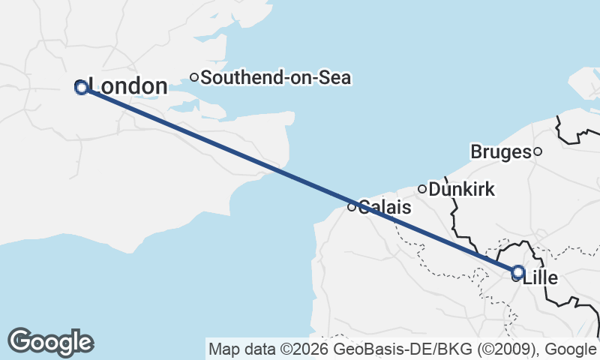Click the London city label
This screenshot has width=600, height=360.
point(127,87)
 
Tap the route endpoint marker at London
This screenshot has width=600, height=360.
point(82,88)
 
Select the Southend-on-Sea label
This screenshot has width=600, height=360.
point(276,77)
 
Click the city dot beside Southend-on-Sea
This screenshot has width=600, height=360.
point(193,76)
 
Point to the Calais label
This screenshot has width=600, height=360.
point(385,207)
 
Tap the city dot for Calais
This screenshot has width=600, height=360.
point(352,207)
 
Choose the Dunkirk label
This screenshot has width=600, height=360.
point(461,190)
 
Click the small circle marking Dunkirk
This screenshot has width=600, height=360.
point(422,189)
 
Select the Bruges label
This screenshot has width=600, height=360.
point(500,152)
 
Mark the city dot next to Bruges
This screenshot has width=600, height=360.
point(538,151)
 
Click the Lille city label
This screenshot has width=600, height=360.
point(540,278)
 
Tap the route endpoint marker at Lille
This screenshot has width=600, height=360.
point(517,271)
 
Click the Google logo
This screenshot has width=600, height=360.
point(51,342)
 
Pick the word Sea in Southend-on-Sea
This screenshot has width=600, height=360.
point(336,77)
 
